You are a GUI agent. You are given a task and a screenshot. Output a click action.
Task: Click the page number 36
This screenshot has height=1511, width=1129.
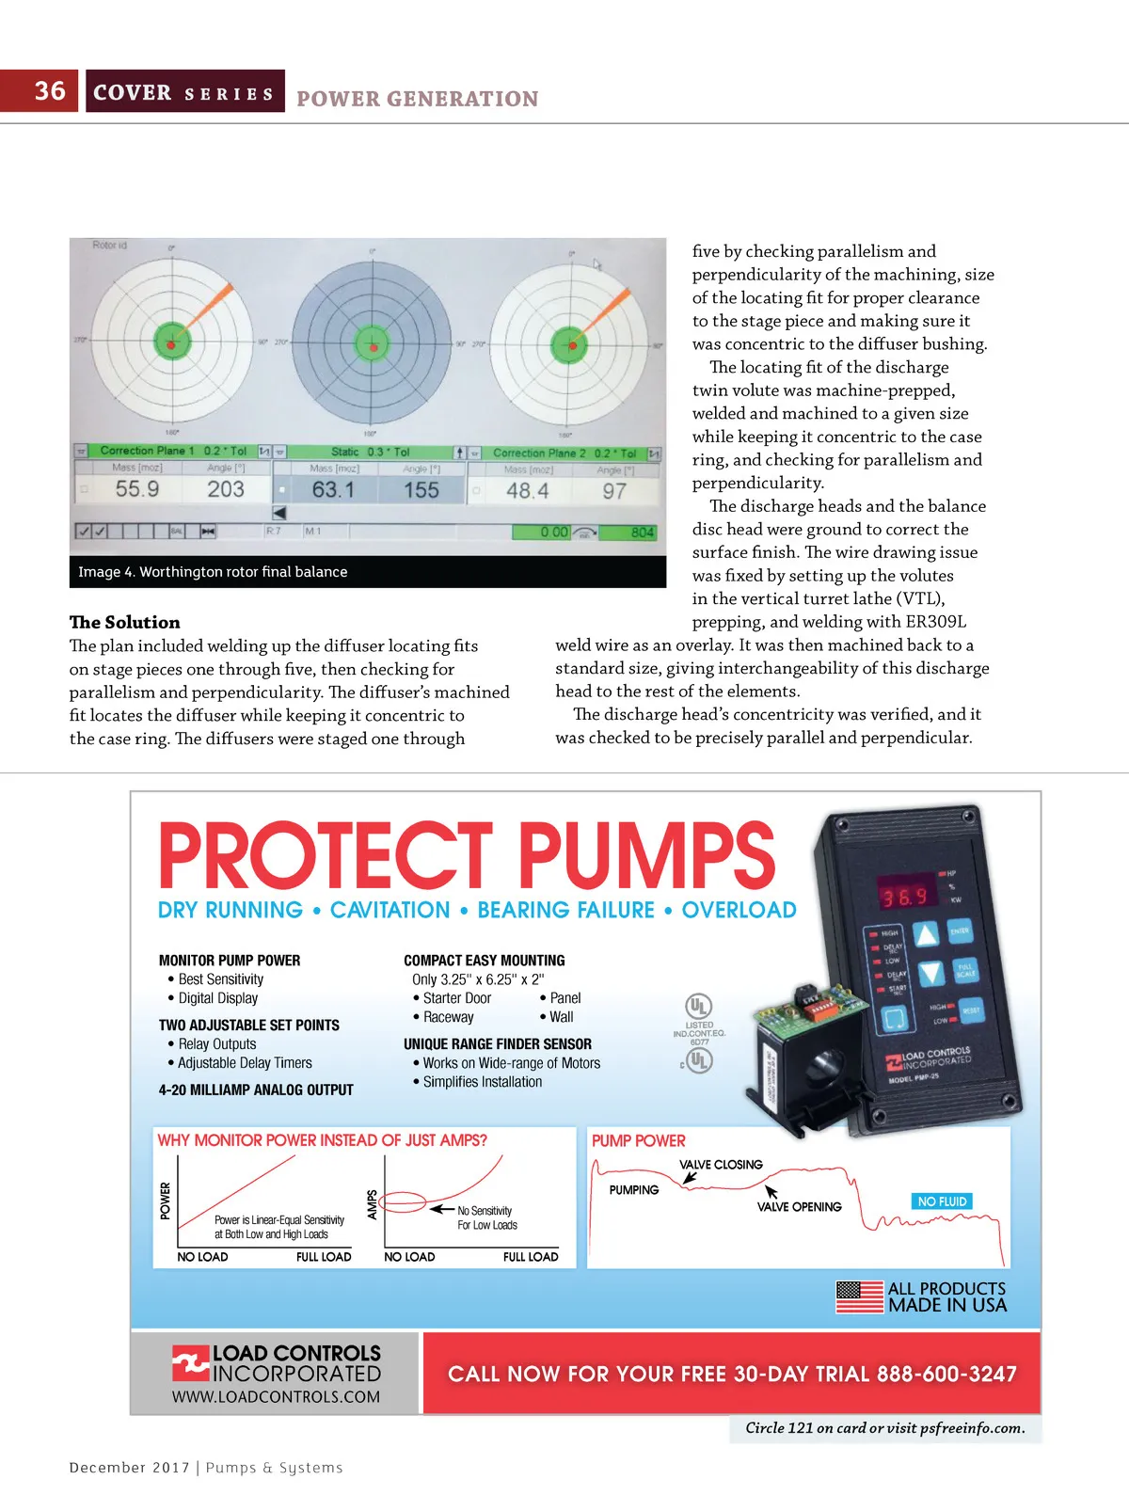tap(50, 91)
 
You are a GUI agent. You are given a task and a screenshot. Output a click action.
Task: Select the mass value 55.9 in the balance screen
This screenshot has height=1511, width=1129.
tap(137, 489)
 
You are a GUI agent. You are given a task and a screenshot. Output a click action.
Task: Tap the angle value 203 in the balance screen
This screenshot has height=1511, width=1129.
tap(226, 489)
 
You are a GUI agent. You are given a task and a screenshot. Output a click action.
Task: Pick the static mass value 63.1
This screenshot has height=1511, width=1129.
tap(333, 490)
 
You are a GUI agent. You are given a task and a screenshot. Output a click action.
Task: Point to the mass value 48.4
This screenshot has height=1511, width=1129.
tap(527, 491)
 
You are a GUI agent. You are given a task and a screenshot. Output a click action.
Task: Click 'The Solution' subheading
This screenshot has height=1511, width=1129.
tap(124, 622)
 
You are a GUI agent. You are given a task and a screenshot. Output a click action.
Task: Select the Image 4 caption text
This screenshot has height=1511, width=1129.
tap(213, 572)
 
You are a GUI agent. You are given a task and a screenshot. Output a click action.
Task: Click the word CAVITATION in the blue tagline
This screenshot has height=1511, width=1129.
tap(390, 911)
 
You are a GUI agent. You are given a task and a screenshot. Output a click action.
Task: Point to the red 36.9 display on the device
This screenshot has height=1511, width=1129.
tap(904, 897)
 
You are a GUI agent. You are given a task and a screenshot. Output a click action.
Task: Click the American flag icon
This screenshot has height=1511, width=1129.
tap(859, 1296)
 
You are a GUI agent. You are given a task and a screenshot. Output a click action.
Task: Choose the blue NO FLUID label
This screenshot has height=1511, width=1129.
tap(942, 1201)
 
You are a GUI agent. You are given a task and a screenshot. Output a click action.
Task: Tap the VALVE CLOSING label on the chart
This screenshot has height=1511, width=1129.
tap(721, 1165)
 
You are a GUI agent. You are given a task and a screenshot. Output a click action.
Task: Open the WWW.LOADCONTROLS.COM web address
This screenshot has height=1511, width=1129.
tap(276, 1397)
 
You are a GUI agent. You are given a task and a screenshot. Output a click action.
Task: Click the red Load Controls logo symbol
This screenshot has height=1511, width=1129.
tap(190, 1362)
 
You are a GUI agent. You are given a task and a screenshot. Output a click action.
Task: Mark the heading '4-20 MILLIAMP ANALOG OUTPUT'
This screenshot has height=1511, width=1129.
tap(256, 1090)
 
